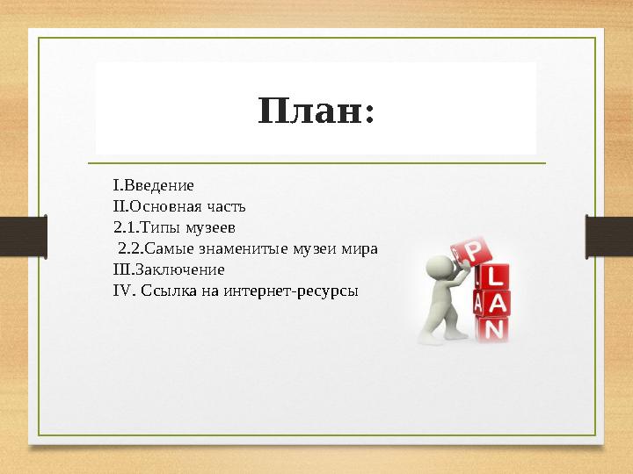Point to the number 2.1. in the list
(x=127, y=228)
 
